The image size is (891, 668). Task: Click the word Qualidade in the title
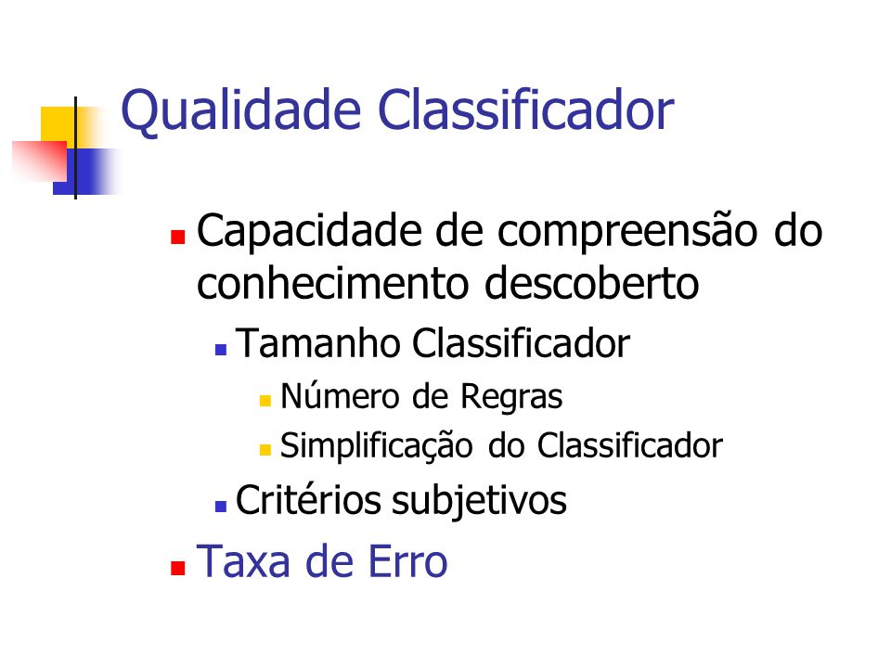(x=241, y=110)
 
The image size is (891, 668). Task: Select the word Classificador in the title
(x=525, y=109)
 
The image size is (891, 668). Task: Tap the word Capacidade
(x=309, y=232)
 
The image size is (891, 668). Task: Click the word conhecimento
(x=332, y=283)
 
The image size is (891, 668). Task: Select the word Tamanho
(x=318, y=343)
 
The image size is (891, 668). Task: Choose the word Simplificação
(x=376, y=446)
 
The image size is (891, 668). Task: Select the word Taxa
(x=243, y=561)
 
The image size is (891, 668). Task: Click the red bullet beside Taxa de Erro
(x=178, y=568)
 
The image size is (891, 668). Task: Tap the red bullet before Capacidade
(x=178, y=237)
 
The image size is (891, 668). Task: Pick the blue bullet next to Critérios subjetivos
(x=221, y=507)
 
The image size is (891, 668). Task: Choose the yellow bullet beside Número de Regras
(x=265, y=401)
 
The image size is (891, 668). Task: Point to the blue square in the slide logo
(x=85, y=172)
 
